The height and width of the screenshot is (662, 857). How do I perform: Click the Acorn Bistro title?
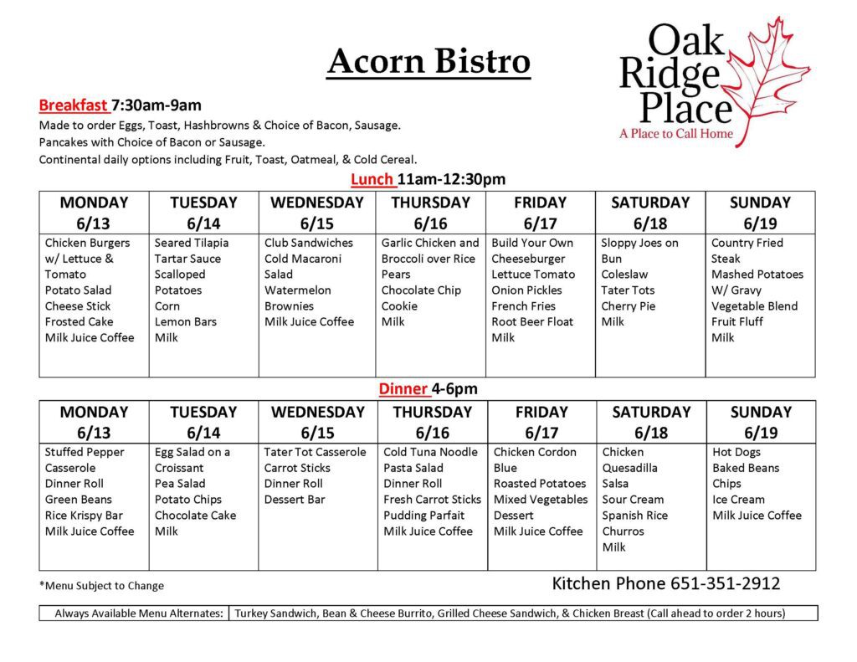(429, 61)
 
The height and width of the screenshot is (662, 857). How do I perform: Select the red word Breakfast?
(73, 105)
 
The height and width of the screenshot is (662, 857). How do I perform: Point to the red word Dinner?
(403, 388)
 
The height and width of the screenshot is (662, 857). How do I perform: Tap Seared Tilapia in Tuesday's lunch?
(192, 243)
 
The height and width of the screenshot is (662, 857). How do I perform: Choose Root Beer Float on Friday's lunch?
(532, 321)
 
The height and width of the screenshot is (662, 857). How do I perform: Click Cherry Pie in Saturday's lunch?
(628, 306)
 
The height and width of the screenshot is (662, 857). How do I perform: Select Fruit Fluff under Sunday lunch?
(736, 321)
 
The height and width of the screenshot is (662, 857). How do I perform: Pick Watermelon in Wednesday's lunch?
(297, 290)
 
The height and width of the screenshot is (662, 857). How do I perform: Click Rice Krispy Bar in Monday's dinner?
(84, 516)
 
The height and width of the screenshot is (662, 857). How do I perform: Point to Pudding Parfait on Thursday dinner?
(423, 516)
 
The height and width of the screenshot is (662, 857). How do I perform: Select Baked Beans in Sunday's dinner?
(746, 468)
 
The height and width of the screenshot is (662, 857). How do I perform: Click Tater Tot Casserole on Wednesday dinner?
(315, 452)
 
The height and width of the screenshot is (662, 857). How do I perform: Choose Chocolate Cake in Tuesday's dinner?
(195, 516)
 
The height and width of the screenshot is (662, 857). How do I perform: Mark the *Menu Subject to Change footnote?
(101, 586)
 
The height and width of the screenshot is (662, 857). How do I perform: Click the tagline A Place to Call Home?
(676, 133)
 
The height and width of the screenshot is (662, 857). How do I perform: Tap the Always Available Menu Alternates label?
(139, 613)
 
